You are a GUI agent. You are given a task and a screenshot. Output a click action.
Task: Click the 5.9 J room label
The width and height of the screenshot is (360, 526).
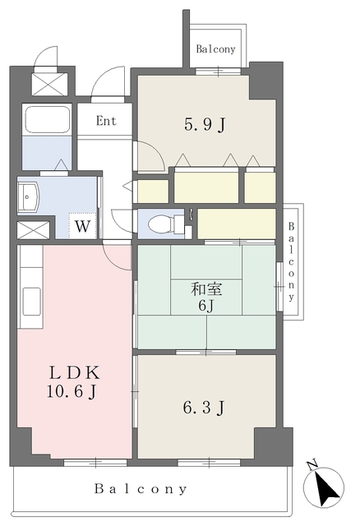click(x=205, y=125)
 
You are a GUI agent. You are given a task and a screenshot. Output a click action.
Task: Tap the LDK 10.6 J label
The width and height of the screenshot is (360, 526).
click(x=73, y=381)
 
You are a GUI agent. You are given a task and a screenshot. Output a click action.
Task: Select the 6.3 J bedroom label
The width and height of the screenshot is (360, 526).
click(x=204, y=408)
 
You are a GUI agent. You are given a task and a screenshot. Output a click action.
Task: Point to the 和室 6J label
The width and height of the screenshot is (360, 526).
click(x=206, y=297)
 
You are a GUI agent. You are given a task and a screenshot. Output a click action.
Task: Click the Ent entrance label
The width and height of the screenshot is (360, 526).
click(x=106, y=121)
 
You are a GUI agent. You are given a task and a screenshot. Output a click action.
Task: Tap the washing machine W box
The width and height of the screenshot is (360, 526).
click(x=82, y=225)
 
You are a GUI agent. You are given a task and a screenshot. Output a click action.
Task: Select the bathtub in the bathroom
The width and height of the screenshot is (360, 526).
click(x=48, y=120)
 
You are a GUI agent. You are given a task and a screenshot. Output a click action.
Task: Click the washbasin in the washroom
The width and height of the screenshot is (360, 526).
click(x=29, y=198)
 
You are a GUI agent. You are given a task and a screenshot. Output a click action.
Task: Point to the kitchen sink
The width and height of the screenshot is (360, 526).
click(x=32, y=302)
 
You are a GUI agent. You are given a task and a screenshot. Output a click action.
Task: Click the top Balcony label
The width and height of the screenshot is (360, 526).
click(x=215, y=49)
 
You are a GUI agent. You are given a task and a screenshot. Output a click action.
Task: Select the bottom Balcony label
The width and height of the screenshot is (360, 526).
click(x=141, y=489)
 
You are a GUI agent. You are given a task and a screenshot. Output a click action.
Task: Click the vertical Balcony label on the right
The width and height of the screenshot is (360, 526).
click(x=291, y=262)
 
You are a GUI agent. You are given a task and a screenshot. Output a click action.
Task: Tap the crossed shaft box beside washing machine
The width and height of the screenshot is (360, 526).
click(x=33, y=230)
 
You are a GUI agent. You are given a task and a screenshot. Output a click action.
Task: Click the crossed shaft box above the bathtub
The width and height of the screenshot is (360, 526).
click(x=49, y=84)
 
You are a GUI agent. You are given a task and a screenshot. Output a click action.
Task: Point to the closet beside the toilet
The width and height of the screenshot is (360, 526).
click(x=237, y=224)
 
